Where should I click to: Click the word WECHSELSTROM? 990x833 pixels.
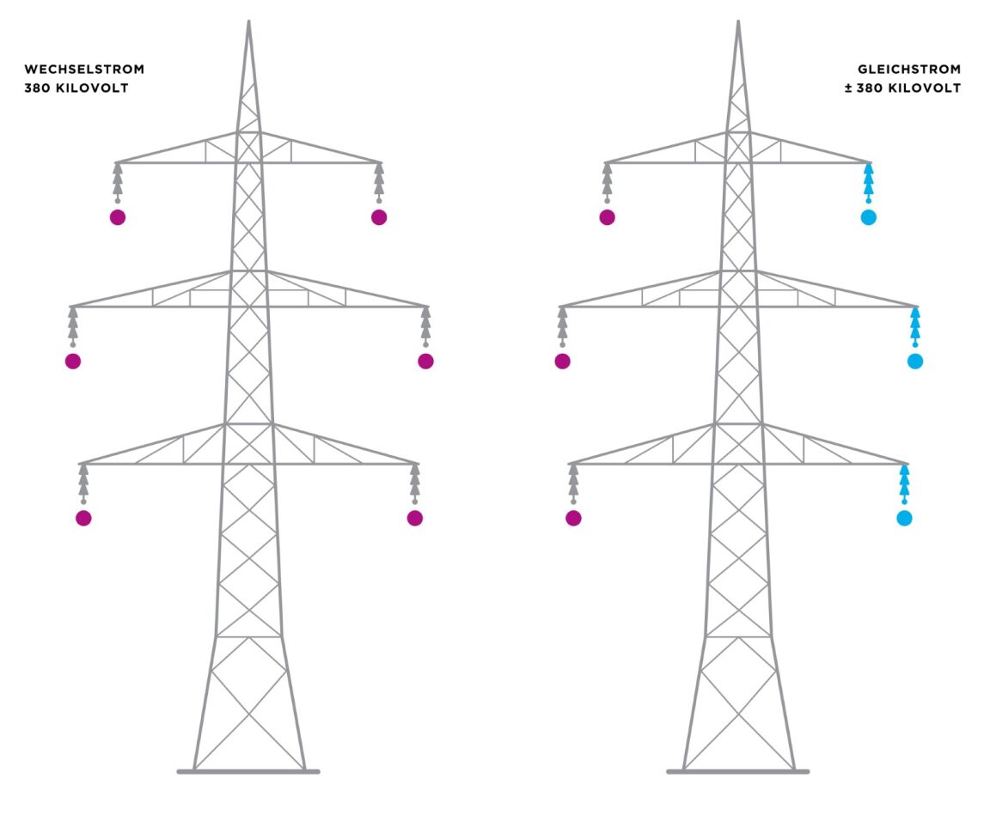click(x=84, y=69)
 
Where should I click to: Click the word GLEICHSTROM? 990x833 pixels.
click(x=909, y=69)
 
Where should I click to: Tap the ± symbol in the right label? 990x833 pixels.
click(x=848, y=88)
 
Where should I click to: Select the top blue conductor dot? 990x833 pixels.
click(x=868, y=217)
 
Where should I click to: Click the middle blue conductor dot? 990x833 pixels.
click(x=914, y=362)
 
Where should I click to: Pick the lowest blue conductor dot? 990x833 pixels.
click(x=904, y=518)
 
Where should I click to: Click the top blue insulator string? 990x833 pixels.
click(x=868, y=181)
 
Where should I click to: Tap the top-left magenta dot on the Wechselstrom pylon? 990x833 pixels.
click(x=118, y=217)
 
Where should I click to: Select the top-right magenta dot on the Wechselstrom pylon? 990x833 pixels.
click(x=379, y=217)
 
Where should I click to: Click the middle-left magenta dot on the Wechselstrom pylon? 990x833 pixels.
click(x=73, y=362)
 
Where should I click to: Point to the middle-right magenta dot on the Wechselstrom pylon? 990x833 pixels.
click(x=425, y=362)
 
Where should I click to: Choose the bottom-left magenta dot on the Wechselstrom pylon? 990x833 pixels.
click(x=83, y=518)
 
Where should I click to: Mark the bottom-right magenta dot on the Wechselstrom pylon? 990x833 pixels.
click(x=415, y=518)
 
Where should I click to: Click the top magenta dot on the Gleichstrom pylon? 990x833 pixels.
click(x=608, y=217)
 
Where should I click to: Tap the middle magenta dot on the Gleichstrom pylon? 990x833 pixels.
click(x=563, y=362)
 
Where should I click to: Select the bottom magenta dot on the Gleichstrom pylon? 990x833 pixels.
click(x=573, y=518)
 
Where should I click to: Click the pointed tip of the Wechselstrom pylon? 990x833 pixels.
click(x=248, y=23)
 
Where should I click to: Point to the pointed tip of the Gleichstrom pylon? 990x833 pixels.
click(x=738, y=23)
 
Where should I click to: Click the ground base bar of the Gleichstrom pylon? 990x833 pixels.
click(x=737, y=771)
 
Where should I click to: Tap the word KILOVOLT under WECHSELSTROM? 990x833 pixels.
click(x=94, y=88)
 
